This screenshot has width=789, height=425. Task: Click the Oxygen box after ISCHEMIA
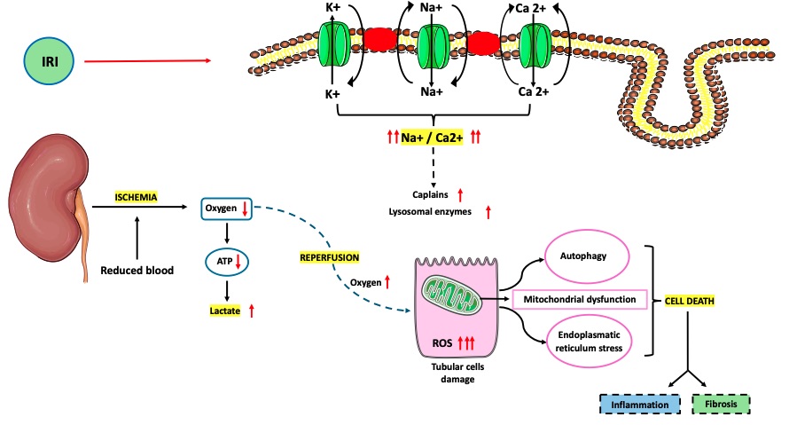pyautogui.click(x=228, y=209)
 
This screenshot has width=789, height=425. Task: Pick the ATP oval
pyautogui.click(x=229, y=262)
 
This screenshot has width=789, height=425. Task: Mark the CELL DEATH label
pyautogui.click(x=690, y=301)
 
